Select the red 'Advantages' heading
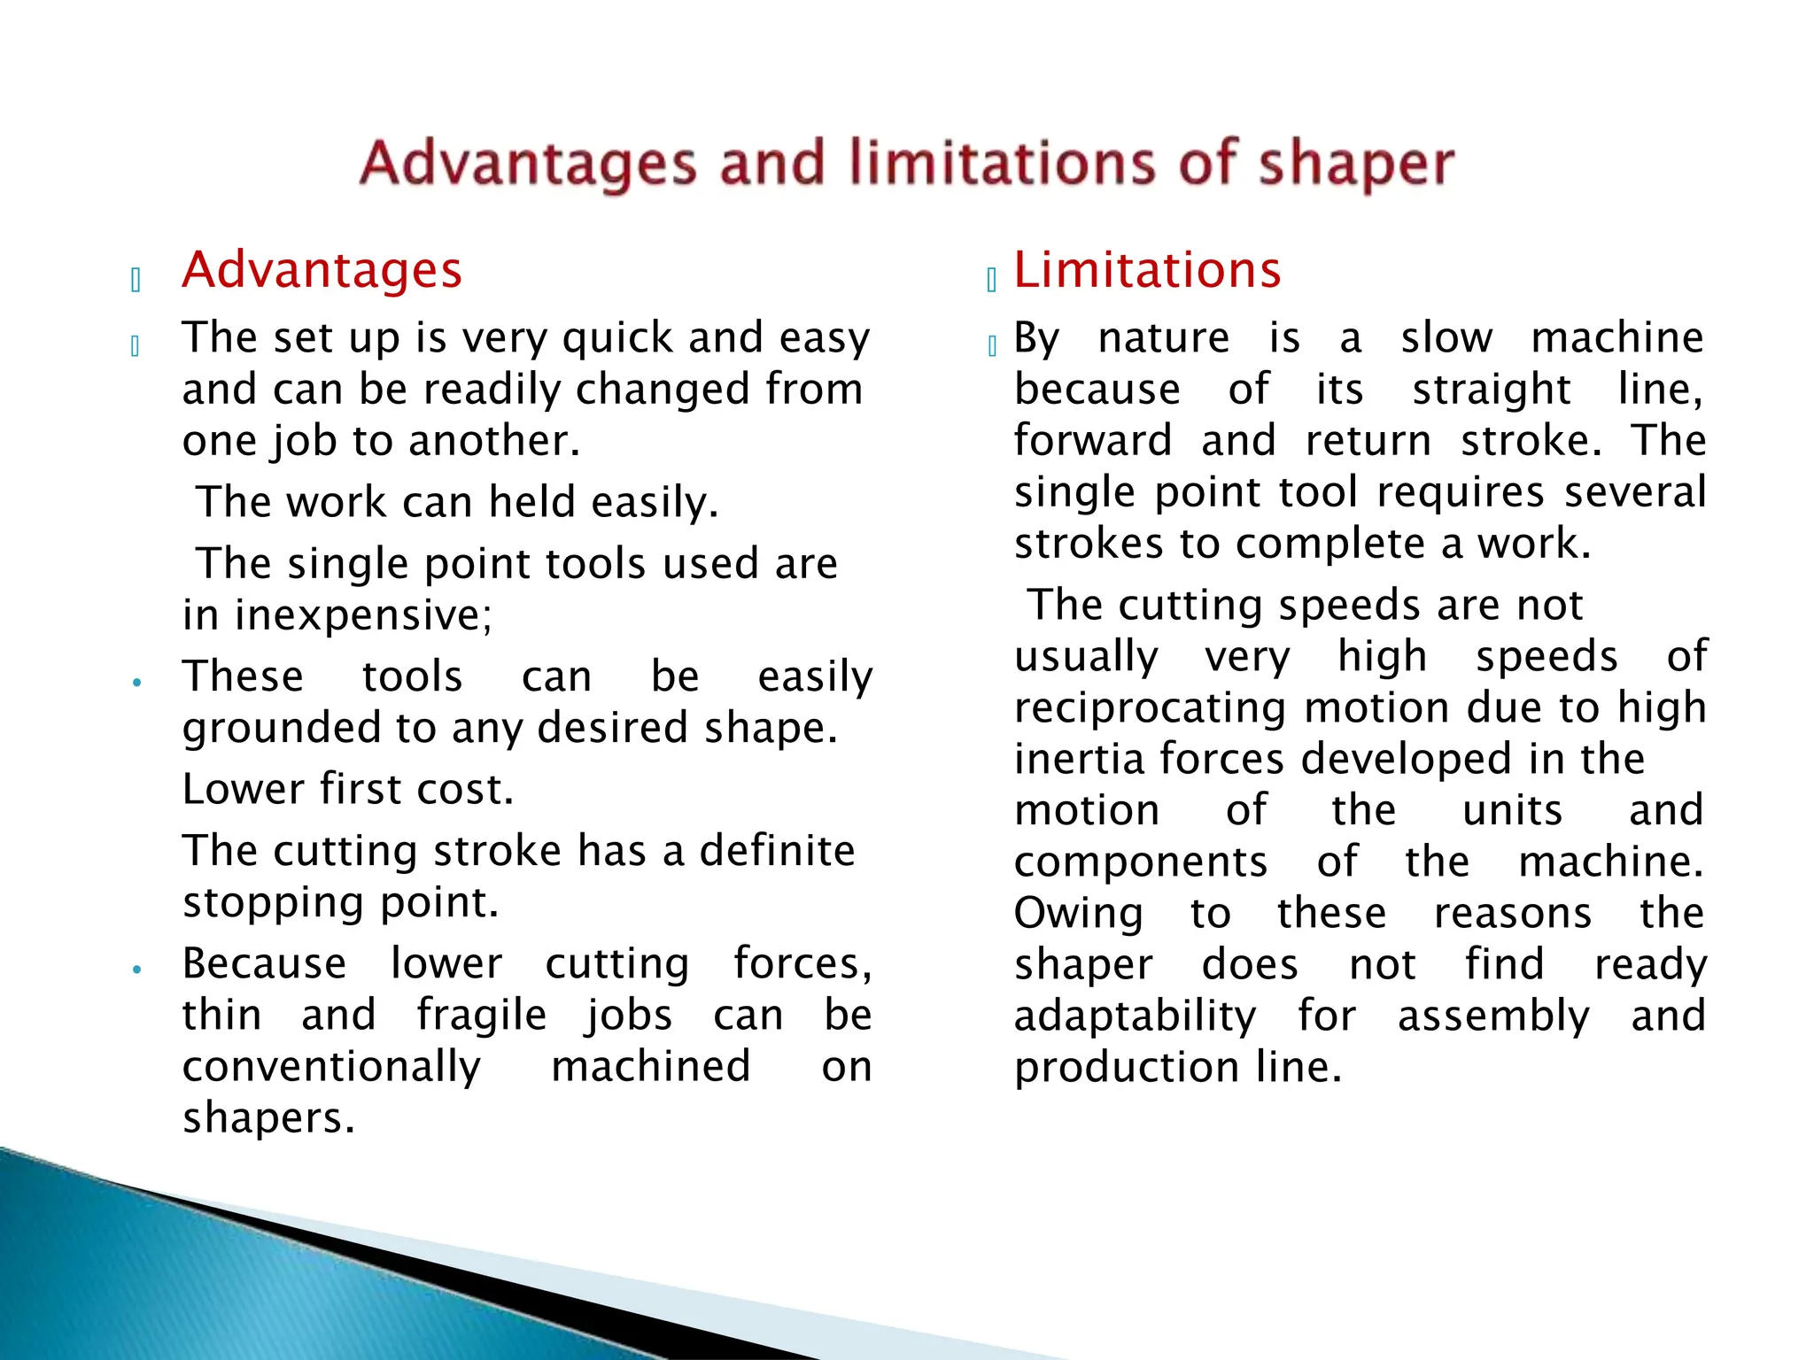click(322, 270)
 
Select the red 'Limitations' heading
click(1147, 270)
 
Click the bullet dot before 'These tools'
click(136, 682)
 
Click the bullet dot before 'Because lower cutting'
click(136, 969)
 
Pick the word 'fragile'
click(482, 1016)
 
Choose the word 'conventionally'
click(331, 1068)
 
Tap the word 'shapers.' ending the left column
click(268, 1118)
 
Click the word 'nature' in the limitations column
click(1163, 339)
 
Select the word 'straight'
click(1491, 390)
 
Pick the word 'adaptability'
click(1135, 1016)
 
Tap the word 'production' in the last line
click(1126, 1068)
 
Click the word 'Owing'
click(1078, 915)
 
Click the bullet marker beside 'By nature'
click(992, 346)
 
